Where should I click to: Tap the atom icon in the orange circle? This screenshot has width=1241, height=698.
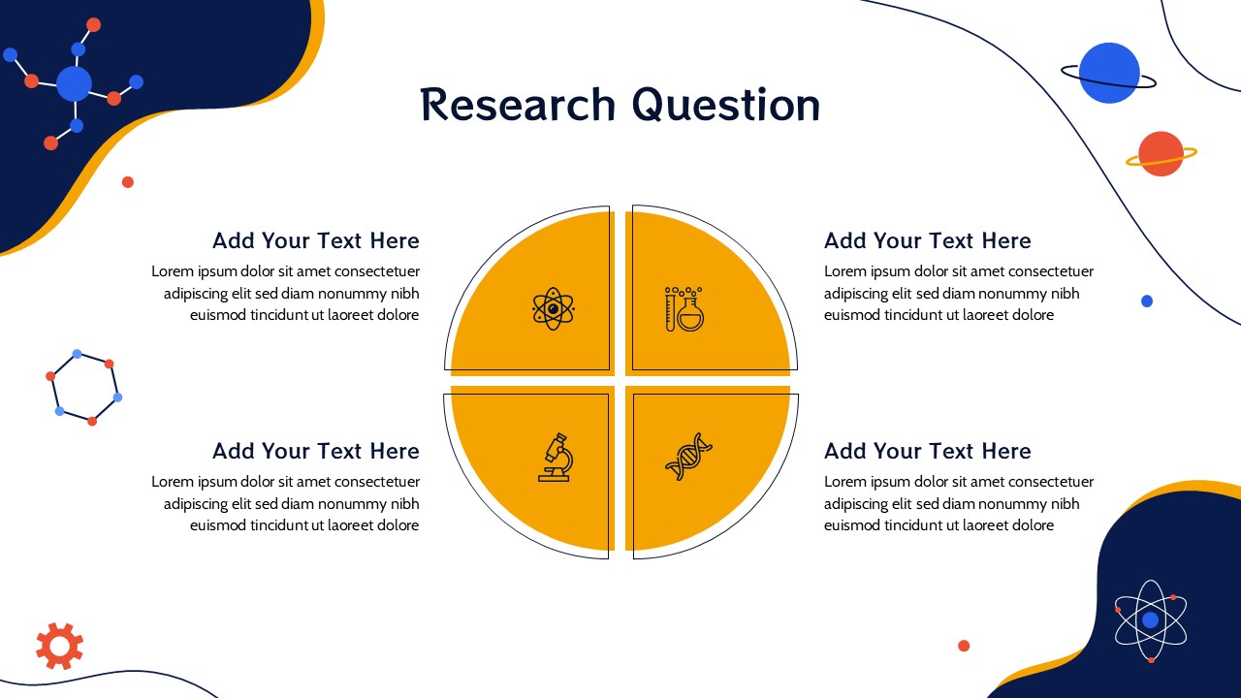coord(553,308)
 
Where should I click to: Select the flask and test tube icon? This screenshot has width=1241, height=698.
coord(684,309)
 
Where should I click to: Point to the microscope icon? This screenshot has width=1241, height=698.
coord(556,458)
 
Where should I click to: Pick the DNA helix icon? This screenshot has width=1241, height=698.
coord(688,457)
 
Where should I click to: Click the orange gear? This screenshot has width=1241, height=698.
coord(60,646)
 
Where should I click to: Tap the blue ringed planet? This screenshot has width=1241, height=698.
coord(1109,73)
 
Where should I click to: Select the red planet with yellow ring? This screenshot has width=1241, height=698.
coord(1161,154)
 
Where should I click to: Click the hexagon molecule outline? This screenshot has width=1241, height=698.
coord(83,387)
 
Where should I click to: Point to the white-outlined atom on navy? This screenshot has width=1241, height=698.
coord(1151,620)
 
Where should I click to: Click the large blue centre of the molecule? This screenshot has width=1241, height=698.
coord(75,83)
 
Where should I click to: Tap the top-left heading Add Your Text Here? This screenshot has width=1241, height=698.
coord(316,241)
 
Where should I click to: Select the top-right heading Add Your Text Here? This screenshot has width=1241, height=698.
coord(928,241)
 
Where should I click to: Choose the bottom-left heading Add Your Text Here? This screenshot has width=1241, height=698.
coord(316,451)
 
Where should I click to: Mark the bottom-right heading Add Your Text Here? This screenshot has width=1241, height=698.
coord(928,451)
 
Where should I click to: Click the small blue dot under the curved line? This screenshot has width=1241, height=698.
coord(1147,301)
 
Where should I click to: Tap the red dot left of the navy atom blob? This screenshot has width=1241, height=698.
coord(964,646)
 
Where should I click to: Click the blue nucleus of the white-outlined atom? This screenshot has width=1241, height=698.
coord(1151,620)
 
